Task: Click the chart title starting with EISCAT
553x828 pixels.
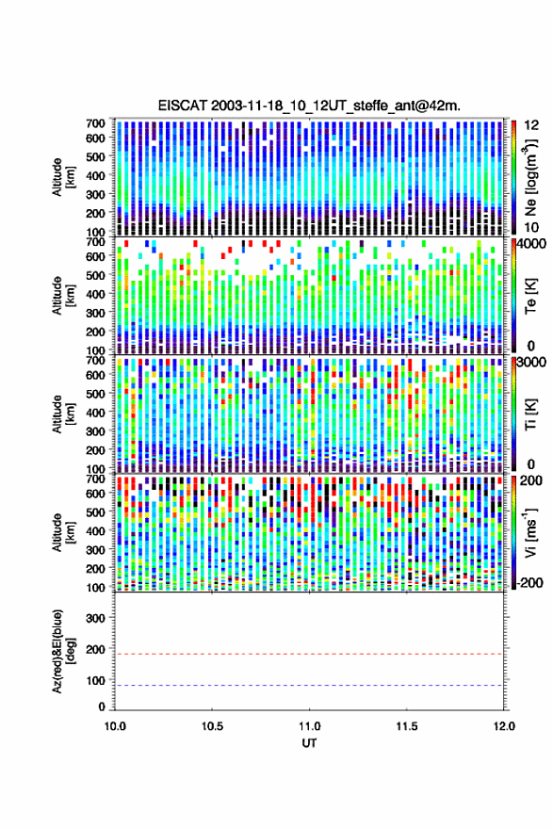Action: (x=309, y=106)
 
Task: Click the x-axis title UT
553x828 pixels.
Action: (x=309, y=743)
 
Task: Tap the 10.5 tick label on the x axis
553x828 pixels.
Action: (x=212, y=726)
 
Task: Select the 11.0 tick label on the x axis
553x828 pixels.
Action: (x=309, y=726)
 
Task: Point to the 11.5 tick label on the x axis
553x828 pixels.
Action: (x=406, y=726)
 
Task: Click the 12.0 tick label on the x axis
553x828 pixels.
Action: (x=503, y=726)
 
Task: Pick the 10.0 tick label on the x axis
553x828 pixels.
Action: (x=115, y=726)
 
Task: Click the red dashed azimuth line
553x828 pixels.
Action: (x=309, y=654)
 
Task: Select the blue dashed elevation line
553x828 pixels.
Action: (x=309, y=686)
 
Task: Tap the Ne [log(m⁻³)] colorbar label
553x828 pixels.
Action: (x=530, y=177)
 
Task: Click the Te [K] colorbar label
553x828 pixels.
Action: (x=530, y=296)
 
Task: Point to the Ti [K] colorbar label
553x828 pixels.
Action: (x=530, y=414)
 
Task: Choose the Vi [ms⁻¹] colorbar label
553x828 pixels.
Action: (x=530, y=532)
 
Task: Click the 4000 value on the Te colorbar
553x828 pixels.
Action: (x=532, y=245)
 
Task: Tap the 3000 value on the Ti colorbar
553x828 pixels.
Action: (x=532, y=363)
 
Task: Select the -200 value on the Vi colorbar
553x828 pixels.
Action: (x=529, y=583)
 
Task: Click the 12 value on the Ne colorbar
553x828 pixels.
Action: (x=532, y=125)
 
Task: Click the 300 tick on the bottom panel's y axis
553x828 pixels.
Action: (x=95, y=618)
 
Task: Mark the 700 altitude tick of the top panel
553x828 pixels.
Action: (x=95, y=123)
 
